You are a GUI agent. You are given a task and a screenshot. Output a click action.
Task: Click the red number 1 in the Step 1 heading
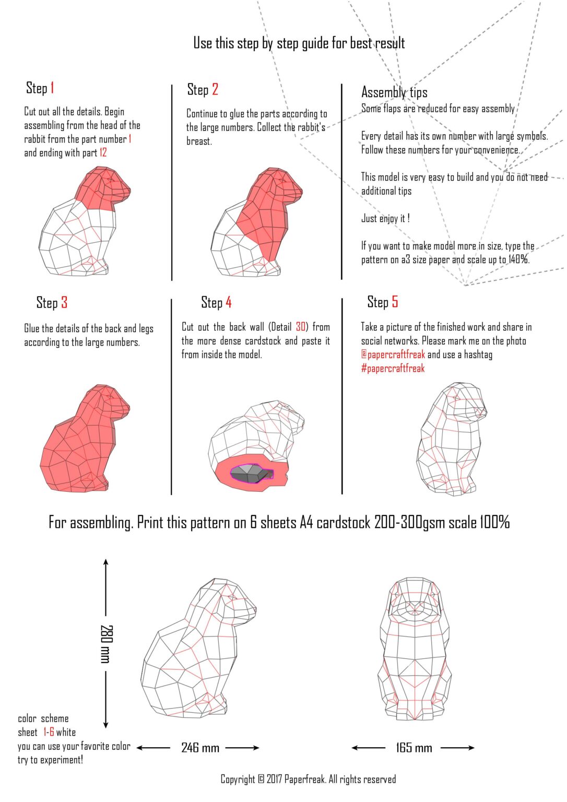tap(52, 88)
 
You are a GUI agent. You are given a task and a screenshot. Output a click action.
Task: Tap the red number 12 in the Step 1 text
tap(103, 153)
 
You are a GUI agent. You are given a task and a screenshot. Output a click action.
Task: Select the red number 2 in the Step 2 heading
tap(215, 89)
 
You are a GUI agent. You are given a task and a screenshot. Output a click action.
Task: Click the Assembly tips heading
tap(394, 92)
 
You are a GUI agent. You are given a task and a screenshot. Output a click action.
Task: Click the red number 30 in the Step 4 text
tap(301, 327)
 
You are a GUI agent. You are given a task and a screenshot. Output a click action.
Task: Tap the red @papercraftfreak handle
tap(393, 355)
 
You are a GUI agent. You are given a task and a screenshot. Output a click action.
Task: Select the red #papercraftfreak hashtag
tap(393, 368)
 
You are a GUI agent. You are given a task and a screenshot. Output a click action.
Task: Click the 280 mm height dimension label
tap(107, 644)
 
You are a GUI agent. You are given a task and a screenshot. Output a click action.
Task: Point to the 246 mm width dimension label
tap(200, 748)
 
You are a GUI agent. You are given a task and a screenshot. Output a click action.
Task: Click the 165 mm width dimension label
tap(414, 748)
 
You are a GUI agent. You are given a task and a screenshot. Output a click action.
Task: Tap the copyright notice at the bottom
tap(308, 779)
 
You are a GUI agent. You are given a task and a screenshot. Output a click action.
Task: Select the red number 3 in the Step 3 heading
tap(64, 302)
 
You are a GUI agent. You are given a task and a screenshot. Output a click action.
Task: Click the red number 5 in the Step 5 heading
tap(395, 302)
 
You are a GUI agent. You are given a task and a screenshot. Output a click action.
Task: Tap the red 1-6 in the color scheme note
tap(49, 732)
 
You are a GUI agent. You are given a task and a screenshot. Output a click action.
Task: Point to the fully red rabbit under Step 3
tap(85, 438)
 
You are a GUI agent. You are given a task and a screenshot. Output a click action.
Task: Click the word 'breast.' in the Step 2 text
tap(199, 141)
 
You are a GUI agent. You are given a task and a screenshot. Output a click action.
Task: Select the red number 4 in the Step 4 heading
tap(228, 302)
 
